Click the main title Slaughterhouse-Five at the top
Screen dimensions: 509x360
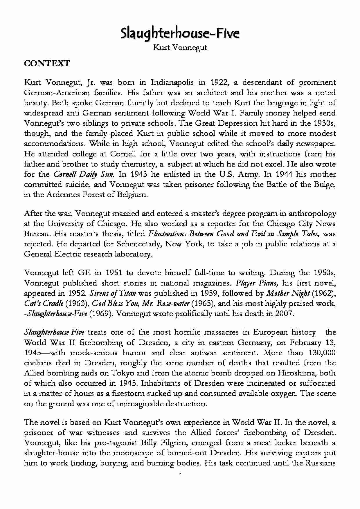[x=180, y=33]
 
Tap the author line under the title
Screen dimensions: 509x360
[x=180, y=47]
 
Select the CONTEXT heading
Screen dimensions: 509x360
[x=47, y=64]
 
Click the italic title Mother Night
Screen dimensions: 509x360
[x=288, y=293]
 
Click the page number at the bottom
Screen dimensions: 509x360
[x=180, y=475]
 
